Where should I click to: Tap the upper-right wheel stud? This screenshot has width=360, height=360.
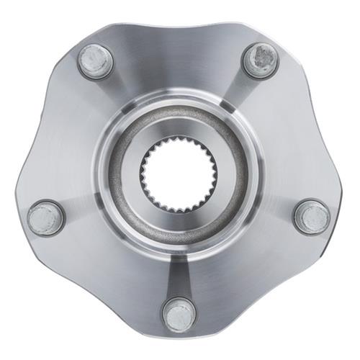click(261, 60)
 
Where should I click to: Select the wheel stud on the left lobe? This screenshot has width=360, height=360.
click(45, 217)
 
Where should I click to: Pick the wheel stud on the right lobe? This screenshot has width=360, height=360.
click(312, 217)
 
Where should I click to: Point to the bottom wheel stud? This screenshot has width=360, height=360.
click(179, 315)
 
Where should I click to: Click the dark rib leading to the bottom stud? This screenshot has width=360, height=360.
click(179, 277)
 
